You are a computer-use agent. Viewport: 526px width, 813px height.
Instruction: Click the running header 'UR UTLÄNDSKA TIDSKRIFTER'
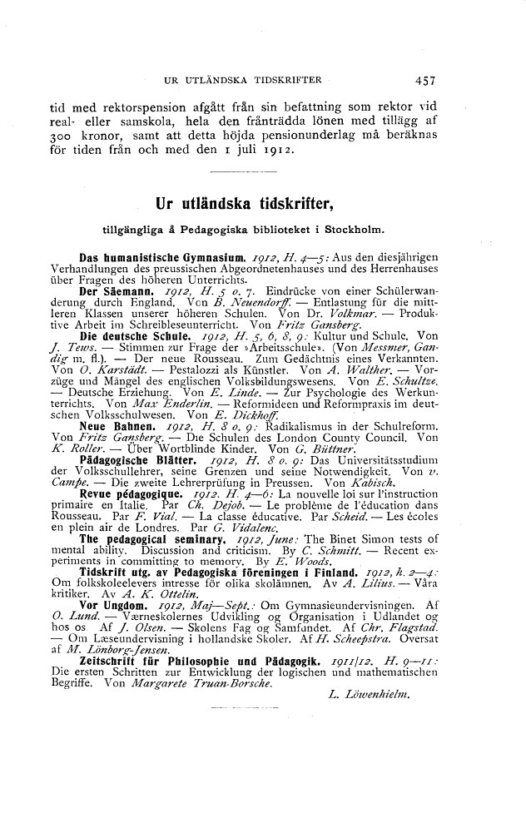click(x=244, y=81)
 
